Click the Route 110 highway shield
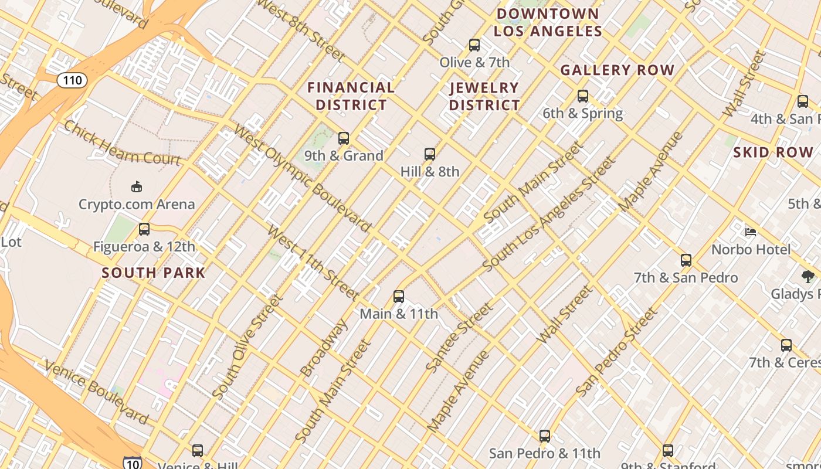coord(72,80)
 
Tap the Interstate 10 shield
coord(133,463)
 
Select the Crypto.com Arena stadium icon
coord(137,186)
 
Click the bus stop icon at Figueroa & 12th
coord(144,229)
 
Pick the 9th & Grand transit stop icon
coord(344,138)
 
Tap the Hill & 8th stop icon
coord(430,154)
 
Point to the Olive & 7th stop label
coord(474,62)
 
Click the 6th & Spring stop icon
coord(582,96)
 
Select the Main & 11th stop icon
coord(399,297)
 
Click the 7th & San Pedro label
coord(686,277)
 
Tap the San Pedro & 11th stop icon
coord(545,436)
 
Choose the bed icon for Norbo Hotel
coord(751,232)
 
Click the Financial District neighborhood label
coord(351,96)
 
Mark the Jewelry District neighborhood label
coord(484,97)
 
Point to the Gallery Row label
coord(618,70)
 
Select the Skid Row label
coord(773,152)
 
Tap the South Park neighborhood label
coord(154,273)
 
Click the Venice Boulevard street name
coord(97,392)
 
